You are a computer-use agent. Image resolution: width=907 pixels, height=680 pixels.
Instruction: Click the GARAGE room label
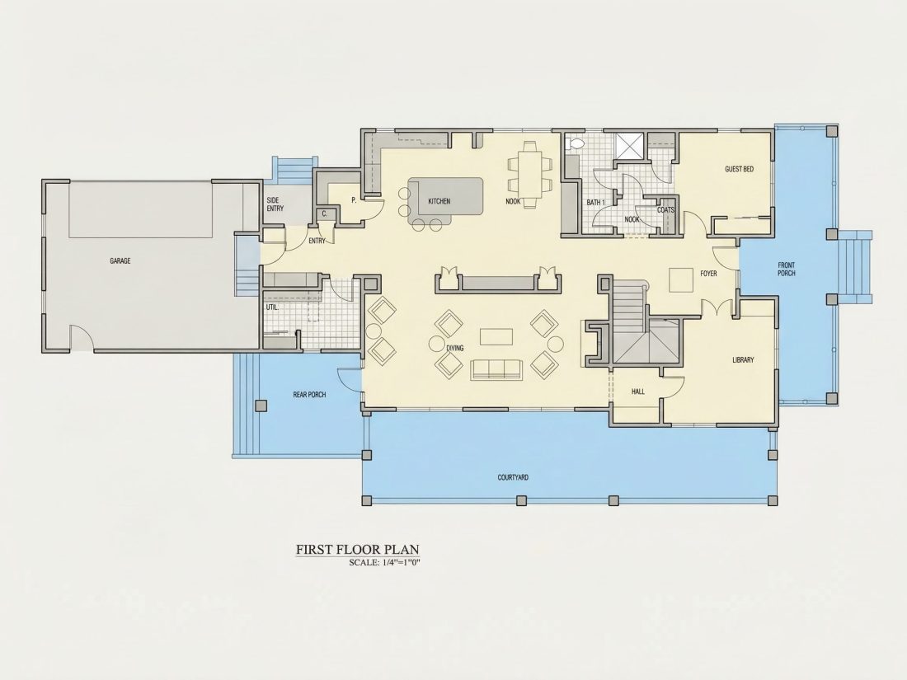click(x=120, y=260)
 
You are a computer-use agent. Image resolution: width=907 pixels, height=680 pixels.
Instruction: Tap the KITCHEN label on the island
click(x=439, y=201)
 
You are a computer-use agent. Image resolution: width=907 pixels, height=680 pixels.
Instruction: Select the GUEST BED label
click(x=740, y=170)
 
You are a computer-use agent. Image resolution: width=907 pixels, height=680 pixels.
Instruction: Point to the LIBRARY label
click(x=743, y=359)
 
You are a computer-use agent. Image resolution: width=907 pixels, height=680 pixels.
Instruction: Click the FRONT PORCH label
click(x=787, y=270)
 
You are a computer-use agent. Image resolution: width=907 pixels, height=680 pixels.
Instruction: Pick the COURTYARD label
click(x=513, y=477)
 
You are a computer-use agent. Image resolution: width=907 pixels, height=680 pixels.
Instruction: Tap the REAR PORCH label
click(x=309, y=395)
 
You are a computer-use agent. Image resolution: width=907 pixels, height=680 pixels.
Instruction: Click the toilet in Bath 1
click(x=576, y=144)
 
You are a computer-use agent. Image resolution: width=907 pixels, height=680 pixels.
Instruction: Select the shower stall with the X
click(x=629, y=145)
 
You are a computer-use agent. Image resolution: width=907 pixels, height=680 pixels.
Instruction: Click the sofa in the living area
click(x=496, y=369)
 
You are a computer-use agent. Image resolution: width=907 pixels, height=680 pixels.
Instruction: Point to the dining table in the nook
click(x=530, y=174)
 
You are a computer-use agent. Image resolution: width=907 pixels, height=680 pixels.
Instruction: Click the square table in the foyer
click(x=681, y=280)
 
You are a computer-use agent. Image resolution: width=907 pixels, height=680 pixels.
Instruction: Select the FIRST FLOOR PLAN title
click(x=358, y=549)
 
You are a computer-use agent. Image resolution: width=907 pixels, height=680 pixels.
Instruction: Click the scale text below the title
click(x=385, y=562)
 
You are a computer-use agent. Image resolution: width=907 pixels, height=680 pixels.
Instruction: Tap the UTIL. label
click(x=272, y=307)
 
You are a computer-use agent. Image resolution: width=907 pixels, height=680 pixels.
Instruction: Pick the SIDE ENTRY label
click(x=275, y=204)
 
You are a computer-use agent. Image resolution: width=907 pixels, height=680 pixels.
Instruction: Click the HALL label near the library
click(x=638, y=392)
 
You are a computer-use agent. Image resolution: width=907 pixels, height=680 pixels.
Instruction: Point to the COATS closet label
click(x=665, y=210)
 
